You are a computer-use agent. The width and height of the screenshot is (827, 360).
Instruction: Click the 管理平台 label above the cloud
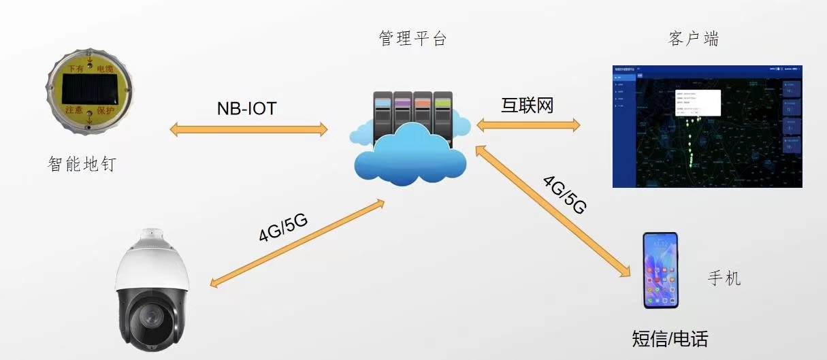pyautogui.click(x=412, y=39)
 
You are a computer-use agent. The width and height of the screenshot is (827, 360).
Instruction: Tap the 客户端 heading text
pyautogui.click(x=694, y=39)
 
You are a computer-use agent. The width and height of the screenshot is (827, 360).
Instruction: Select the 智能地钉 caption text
pyautogui.click(x=82, y=164)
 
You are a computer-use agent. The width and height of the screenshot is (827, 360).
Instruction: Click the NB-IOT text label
pyautogui.click(x=246, y=108)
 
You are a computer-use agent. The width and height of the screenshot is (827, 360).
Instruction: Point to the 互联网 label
pyautogui.click(x=527, y=105)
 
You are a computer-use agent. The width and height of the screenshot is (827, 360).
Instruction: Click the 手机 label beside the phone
pyautogui.click(x=724, y=278)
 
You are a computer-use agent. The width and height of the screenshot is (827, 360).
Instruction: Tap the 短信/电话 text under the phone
pyautogui.click(x=670, y=338)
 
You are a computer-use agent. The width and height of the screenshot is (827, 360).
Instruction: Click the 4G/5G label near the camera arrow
pyautogui.click(x=282, y=227)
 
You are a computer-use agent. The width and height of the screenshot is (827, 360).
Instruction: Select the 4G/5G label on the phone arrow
pyautogui.click(x=564, y=194)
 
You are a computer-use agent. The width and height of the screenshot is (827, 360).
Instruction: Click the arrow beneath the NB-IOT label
pyautogui.click(x=248, y=129)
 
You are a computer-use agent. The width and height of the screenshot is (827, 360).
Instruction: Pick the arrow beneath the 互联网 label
pyautogui.click(x=528, y=125)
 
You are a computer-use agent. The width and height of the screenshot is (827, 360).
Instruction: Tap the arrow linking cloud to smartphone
pyautogui.click(x=551, y=210)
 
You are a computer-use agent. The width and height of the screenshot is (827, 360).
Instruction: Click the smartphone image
pyautogui.click(x=661, y=270)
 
